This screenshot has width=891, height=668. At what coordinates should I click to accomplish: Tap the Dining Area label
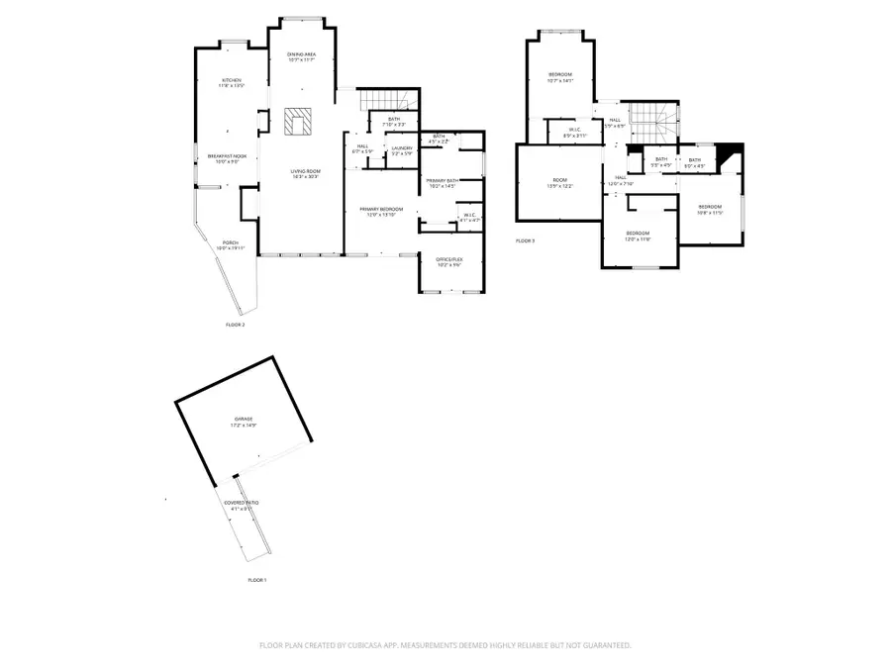[x=302, y=56]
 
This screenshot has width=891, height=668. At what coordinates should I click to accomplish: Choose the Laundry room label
[x=402, y=150]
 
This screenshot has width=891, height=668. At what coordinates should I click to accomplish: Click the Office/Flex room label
[x=450, y=261]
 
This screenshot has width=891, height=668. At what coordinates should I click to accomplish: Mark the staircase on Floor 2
[x=387, y=100]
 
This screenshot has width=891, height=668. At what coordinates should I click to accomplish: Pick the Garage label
[x=244, y=422]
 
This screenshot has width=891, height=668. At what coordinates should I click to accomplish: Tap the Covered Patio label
[x=242, y=506]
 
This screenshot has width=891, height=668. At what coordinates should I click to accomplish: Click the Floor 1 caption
[x=257, y=579]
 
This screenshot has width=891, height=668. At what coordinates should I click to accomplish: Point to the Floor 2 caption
[x=235, y=325]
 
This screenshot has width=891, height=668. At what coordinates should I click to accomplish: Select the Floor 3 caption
[x=525, y=240]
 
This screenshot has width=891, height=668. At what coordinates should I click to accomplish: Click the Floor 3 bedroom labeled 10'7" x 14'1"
[x=560, y=77]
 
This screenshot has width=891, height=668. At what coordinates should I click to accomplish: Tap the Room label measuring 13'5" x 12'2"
[x=560, y=183]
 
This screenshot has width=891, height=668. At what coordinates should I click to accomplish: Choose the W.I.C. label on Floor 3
[x=575, y=133]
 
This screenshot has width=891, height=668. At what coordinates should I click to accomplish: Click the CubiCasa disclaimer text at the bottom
[x=445, y=644]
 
